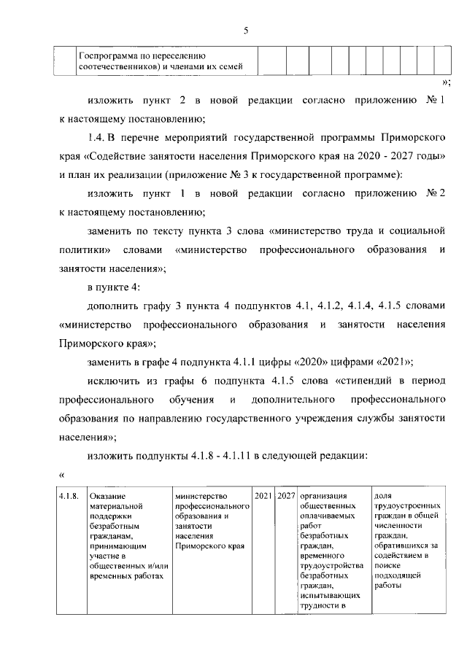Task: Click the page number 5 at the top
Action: [246, 30]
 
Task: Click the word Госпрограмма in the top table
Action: [107, 55]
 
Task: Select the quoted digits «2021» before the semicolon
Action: [390, 361]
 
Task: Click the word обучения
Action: [193, 399]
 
